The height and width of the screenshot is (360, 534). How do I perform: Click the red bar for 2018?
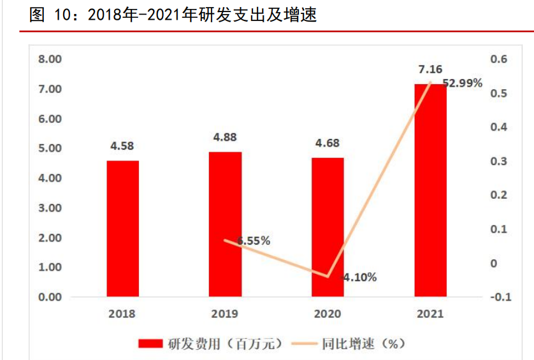point(122,228)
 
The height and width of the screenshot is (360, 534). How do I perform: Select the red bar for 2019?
point(225,224)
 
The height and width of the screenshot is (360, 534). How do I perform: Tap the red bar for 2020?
point(328,227)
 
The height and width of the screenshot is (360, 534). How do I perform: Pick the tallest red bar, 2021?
point(430,190)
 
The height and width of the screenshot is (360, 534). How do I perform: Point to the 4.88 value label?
point(225,136)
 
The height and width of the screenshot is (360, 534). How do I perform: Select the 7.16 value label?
point(430,69)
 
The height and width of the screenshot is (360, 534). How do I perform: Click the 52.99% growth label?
point(463,83)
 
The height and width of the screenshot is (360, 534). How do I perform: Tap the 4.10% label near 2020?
point(360,277)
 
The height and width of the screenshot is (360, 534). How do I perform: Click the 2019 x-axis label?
point(225,313)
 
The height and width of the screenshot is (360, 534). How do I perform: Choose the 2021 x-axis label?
point(430,313)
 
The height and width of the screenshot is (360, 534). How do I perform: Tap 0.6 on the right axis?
point(498,59)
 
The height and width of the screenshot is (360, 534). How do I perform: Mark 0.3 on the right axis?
point(498,161)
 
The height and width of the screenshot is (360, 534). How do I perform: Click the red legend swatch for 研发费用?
point(150,343)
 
